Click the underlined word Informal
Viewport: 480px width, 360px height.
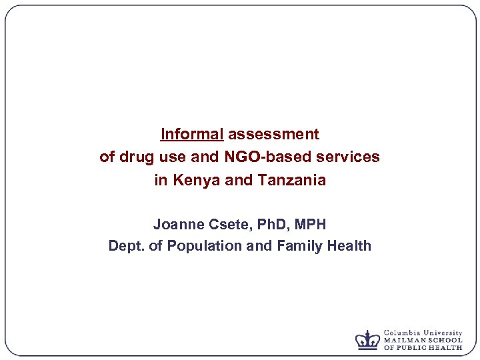192,134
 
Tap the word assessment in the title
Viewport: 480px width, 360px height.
273,134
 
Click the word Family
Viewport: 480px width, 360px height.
291,246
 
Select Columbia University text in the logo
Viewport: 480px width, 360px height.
423,333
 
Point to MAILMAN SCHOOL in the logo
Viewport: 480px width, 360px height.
423,340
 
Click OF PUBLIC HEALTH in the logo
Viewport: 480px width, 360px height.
423,347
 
